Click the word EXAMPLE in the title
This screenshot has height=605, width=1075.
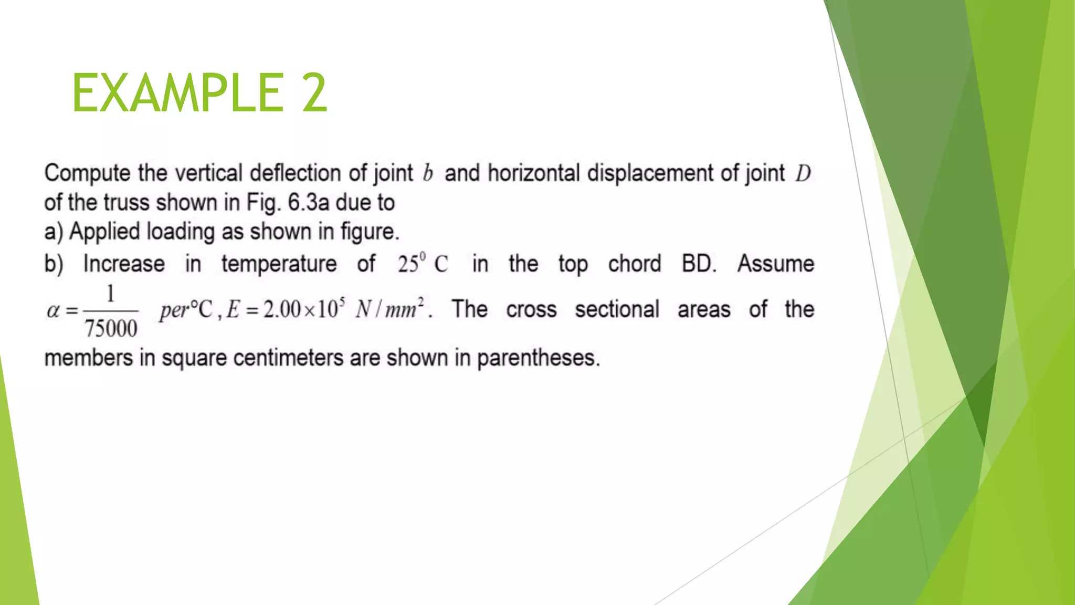tap(177, 93)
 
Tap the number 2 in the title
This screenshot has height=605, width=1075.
tap(314, 93)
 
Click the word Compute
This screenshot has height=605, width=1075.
tap(87, 173)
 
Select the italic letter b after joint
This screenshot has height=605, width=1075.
tap(428, 173)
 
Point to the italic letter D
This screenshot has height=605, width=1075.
tap(803, 173)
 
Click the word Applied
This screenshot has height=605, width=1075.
tap(105, 232)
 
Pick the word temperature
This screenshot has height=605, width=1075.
tap(279, 264)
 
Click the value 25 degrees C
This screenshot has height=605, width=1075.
tap(423, 264)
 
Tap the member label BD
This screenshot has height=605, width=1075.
tap(699, 264)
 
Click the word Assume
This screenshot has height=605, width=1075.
tap(775, 264)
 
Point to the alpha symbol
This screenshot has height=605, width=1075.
tap(53, 310)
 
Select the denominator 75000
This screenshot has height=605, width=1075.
tap(111, 329)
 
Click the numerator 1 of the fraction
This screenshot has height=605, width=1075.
tap(110, 294)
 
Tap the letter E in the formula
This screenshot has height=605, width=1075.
tap(233, 309)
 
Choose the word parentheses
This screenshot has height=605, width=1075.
tap(538, 358)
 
